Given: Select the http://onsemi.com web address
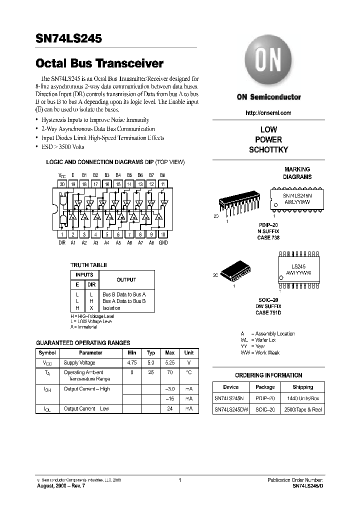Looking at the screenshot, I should (x=268, y=113).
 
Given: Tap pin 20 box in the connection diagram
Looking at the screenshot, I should (x=62, y=184).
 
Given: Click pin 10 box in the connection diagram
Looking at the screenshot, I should (x=163, y=234).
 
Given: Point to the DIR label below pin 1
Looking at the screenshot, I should (x=62, y=242).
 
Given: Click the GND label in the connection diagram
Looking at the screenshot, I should (x=163, y=242).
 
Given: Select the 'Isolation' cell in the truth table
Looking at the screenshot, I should (x=111, y=308).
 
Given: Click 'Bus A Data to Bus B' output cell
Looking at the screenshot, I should (x=124, y=301).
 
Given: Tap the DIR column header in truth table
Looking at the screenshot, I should (x=91, y=284).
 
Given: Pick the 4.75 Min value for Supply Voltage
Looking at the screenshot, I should (x=132, y=363).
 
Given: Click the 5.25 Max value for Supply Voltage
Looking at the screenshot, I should (x=170, y=363).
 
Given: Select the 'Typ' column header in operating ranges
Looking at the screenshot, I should (x=151, y=352).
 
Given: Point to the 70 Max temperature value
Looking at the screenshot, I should (x=170, y=372).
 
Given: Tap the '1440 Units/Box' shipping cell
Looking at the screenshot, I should (x=302, y=398).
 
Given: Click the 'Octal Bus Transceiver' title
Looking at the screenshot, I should (x=100, y=64).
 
